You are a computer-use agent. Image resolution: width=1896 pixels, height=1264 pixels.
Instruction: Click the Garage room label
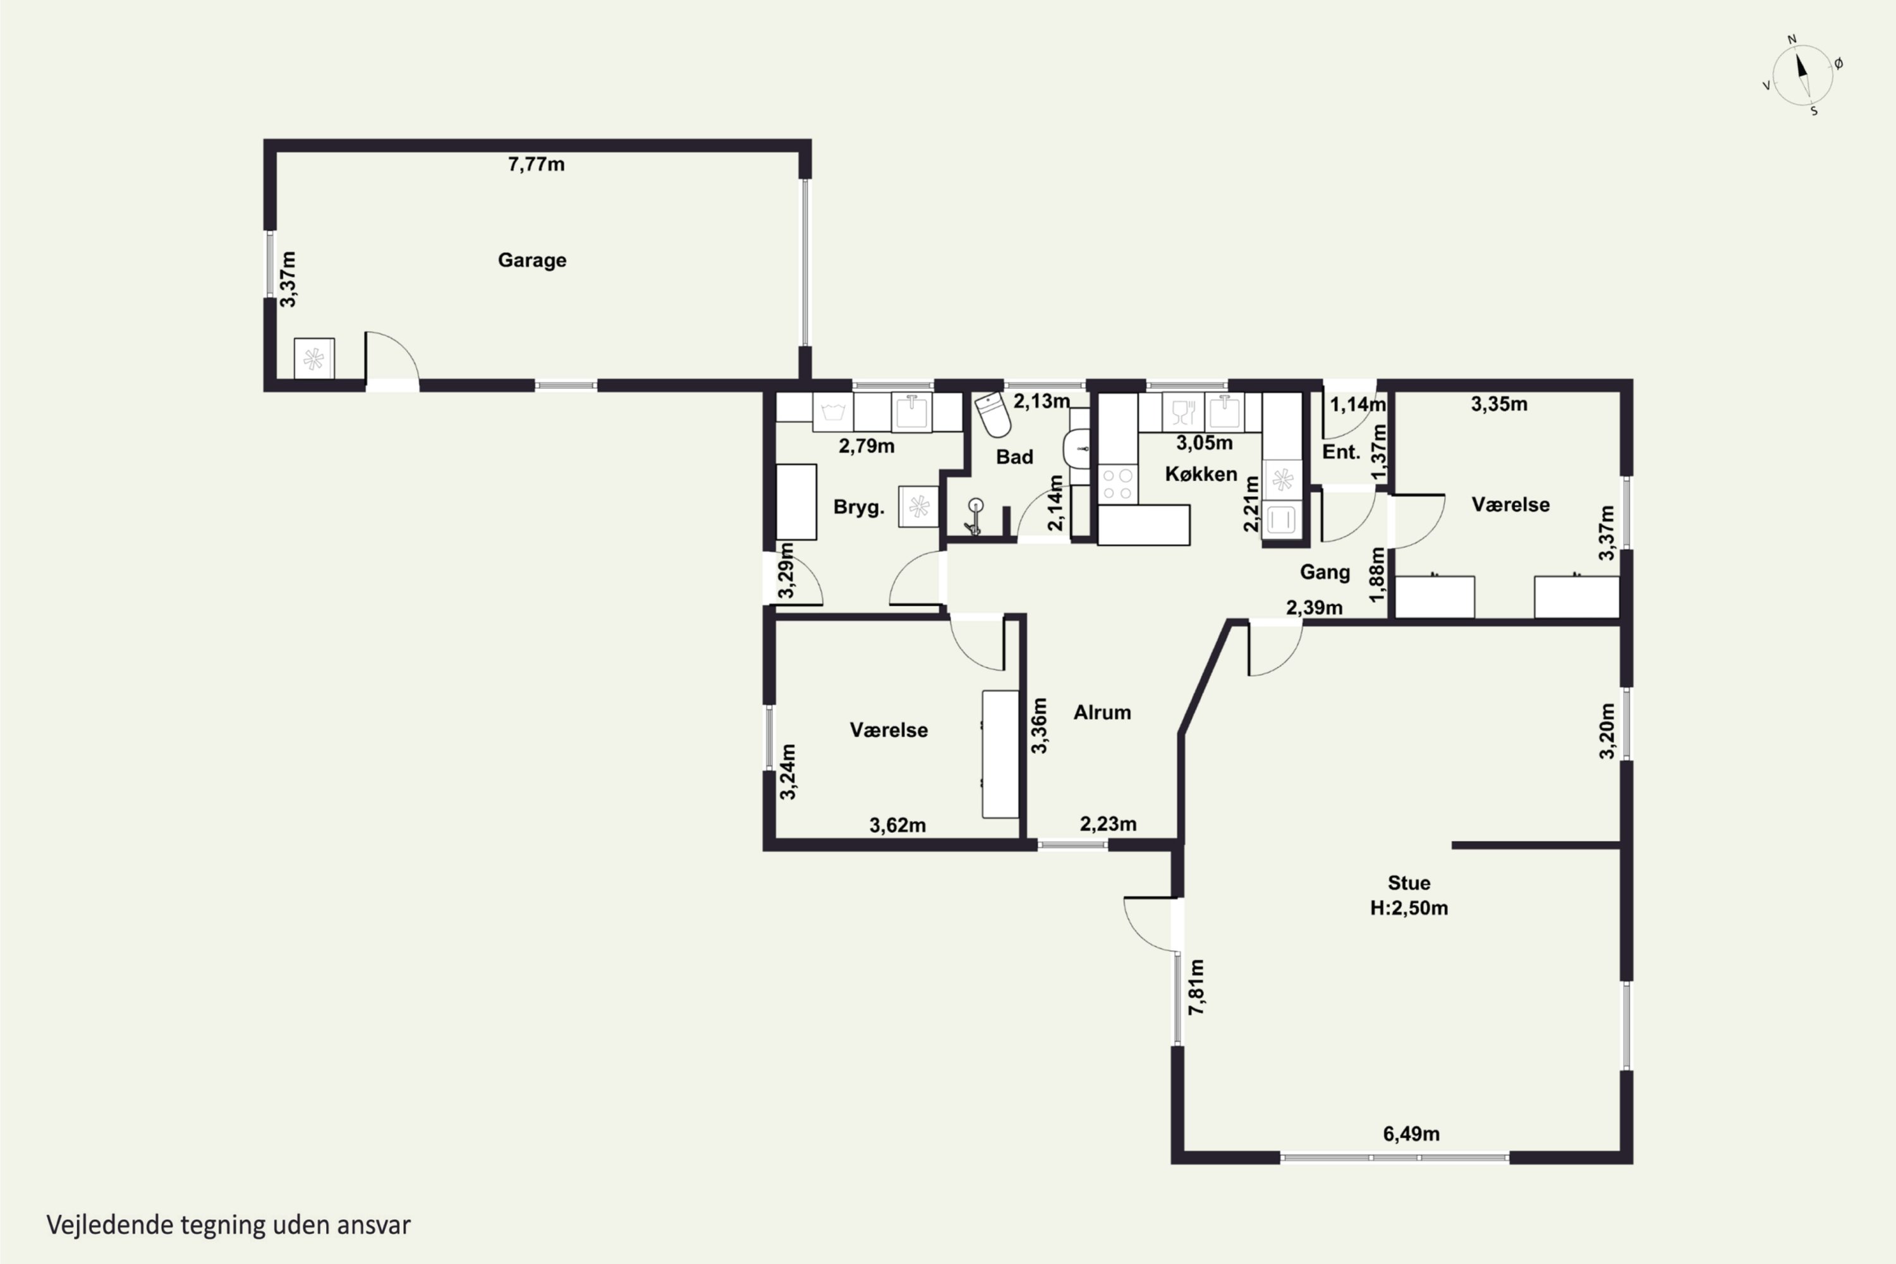coord(532,260)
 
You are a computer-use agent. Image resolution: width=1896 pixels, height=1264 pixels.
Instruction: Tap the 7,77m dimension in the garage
coord(536,164)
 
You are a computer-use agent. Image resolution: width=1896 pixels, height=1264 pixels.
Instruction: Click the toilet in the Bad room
coord(993,415)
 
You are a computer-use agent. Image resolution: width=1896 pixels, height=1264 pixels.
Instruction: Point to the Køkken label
coord(1201,474)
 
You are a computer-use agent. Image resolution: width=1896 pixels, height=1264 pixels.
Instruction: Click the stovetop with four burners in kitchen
coord(1117,485)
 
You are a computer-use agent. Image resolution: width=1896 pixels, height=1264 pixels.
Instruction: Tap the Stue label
coord(1409,883)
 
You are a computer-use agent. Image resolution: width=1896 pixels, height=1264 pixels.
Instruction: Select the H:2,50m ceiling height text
coord(1409,908)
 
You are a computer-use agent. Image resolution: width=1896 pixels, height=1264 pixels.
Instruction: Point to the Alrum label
coord(1102,713)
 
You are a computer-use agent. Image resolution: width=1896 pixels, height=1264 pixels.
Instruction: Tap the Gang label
coord(1325,573)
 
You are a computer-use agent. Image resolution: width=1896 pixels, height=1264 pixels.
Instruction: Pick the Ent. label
coord(1341,453)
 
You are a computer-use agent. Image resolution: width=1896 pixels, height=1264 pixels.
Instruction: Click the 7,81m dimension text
coord(1197,987)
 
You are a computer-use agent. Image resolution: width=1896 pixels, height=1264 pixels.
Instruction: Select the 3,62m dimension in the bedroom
coord(897,825)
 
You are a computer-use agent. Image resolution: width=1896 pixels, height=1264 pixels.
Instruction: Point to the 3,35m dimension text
coord(1499,404)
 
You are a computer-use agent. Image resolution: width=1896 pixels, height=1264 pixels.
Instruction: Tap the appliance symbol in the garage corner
coord(313,358)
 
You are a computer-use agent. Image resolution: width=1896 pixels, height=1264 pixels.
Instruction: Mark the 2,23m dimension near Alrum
coord(1109,824)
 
